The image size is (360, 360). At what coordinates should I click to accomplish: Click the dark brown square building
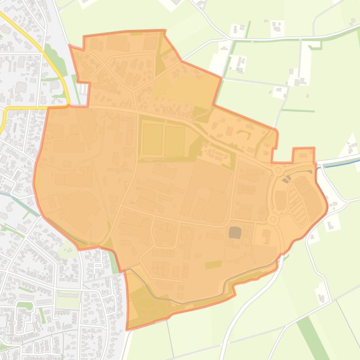235,232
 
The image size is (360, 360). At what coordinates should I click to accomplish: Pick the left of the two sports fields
152,139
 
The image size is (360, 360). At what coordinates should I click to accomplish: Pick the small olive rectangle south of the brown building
213,265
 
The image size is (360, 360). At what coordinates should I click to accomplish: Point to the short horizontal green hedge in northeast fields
298,111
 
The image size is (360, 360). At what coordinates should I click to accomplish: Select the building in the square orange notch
303,155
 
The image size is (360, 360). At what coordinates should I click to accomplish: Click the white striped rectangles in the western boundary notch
83,89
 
